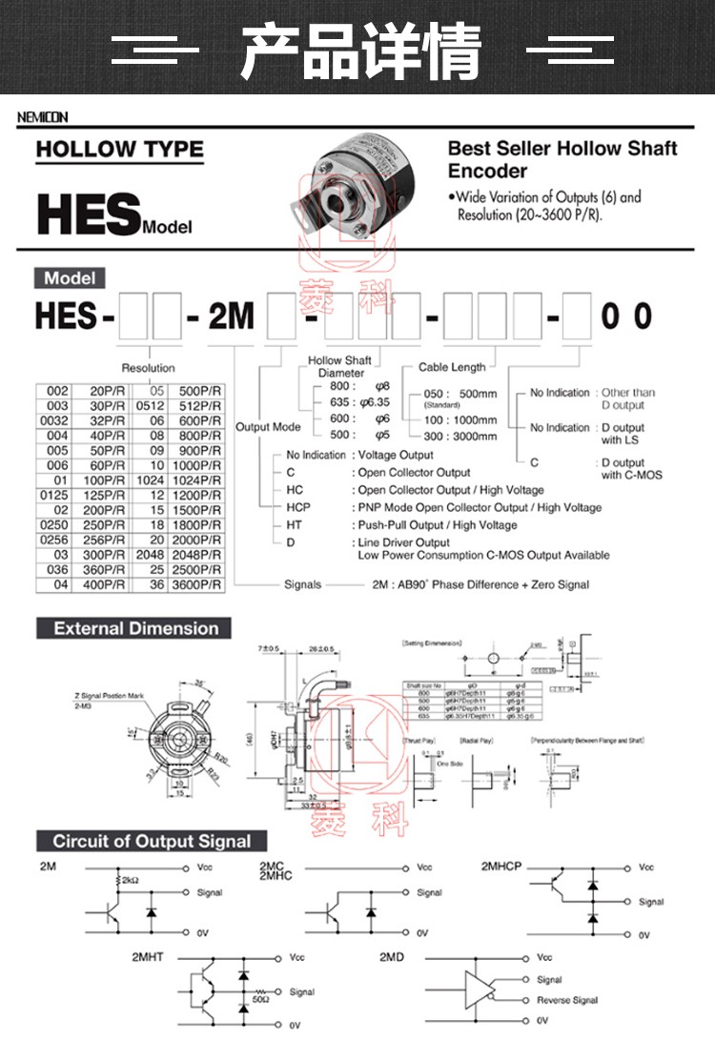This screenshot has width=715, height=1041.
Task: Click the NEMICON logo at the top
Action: [43, 117]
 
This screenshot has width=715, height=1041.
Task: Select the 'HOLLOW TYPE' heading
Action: [119, 150]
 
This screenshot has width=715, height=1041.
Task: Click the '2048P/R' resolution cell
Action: [201, 554]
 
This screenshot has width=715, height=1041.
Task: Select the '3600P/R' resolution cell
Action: [201, 584]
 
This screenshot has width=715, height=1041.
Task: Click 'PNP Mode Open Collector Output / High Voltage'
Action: [479, 507]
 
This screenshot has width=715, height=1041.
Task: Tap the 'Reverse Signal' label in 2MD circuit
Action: [566, 1000]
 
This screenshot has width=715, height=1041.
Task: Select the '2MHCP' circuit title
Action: [501, 866]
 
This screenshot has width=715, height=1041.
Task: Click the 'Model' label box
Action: [71, 278]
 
